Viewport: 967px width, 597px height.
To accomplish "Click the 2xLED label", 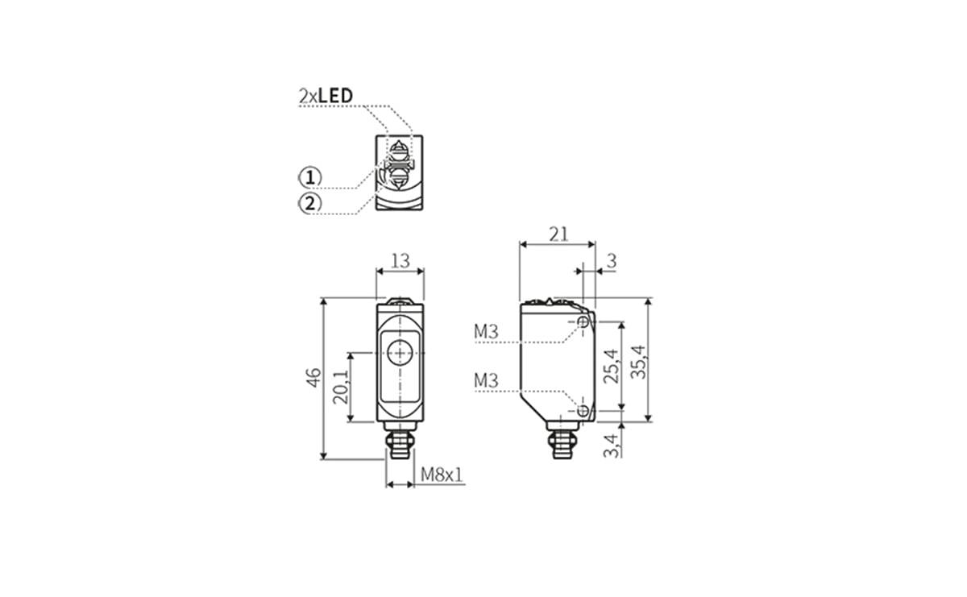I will pos(326,96).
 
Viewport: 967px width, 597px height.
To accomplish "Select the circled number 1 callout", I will pos(310,177).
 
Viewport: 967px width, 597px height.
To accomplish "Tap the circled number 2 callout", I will pos(310,203).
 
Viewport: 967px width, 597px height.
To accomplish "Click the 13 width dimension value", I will pos(400,260).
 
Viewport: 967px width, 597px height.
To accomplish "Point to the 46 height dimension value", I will pos(313,376).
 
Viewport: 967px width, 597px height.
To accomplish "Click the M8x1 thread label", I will pos(442,475).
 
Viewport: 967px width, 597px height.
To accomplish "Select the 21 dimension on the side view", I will pos(558,234).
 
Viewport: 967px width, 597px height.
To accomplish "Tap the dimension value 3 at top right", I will pos(611,260).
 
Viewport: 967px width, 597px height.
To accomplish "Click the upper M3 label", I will pos(486,331).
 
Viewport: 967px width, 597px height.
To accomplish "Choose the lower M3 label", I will pos(486,380).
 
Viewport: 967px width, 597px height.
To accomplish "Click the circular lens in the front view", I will pos(400,353).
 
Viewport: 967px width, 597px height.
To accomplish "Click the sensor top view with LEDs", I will pos(398,173).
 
